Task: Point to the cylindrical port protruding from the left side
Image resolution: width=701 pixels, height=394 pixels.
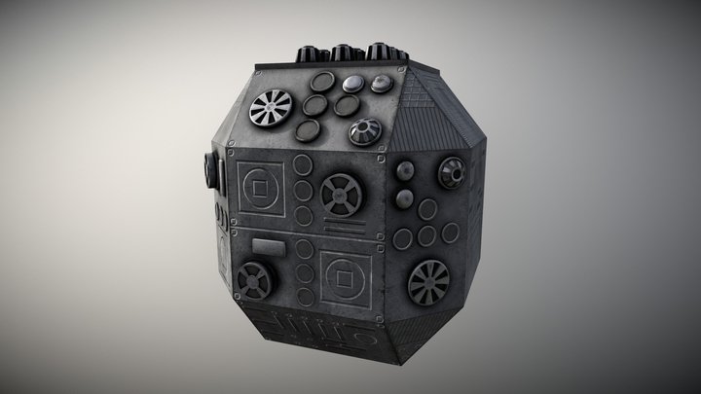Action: click(206, 172)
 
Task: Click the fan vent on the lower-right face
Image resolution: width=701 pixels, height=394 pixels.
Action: click(429, 281)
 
